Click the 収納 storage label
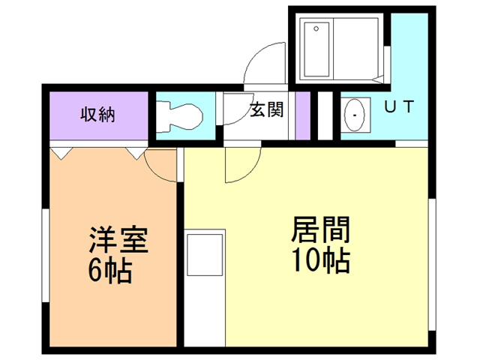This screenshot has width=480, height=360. point(97,115)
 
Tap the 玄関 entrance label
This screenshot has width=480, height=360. point(266,110)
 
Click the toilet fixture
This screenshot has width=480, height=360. point(180,115)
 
